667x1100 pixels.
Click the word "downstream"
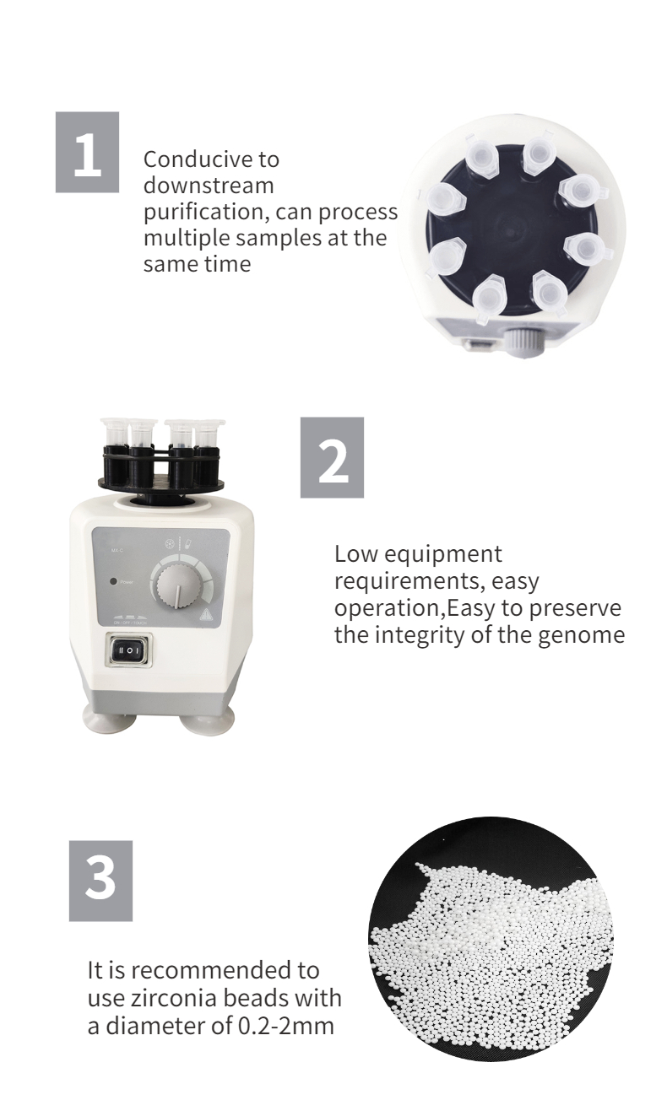point(209,185)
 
